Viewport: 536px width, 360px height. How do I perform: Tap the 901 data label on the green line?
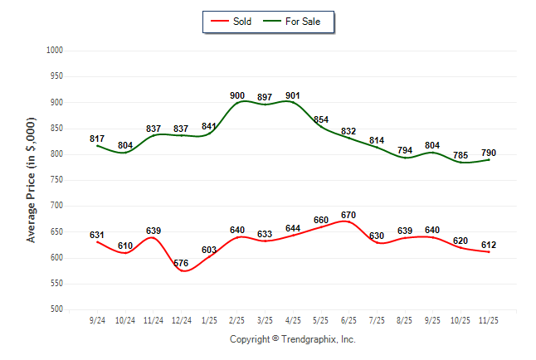pos(293,95)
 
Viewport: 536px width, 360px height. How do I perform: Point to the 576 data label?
pos(181,263)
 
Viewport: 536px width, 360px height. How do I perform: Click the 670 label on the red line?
pos(348,216)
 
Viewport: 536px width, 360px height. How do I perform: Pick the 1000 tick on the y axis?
pos(55,51)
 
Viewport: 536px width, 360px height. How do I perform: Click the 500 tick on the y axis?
pos(57,309)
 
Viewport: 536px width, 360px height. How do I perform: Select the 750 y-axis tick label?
pos(57,180)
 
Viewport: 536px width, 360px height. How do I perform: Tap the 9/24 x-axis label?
pos(97,320)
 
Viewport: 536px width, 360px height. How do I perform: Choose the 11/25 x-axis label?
pos(489,320)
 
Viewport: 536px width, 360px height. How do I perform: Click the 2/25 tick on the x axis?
pos(237,320)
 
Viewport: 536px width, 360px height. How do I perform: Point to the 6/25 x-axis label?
pos(348,320)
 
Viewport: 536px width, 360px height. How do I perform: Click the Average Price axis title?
pos(32,180)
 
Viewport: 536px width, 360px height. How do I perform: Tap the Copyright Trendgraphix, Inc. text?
pos(292,339)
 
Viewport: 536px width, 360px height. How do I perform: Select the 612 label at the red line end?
pos(489,245)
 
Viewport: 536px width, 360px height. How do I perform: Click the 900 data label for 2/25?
pos(237,95)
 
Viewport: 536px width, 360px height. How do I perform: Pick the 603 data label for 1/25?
pos(209,250)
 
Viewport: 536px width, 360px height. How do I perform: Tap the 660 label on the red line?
pos(321,221)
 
